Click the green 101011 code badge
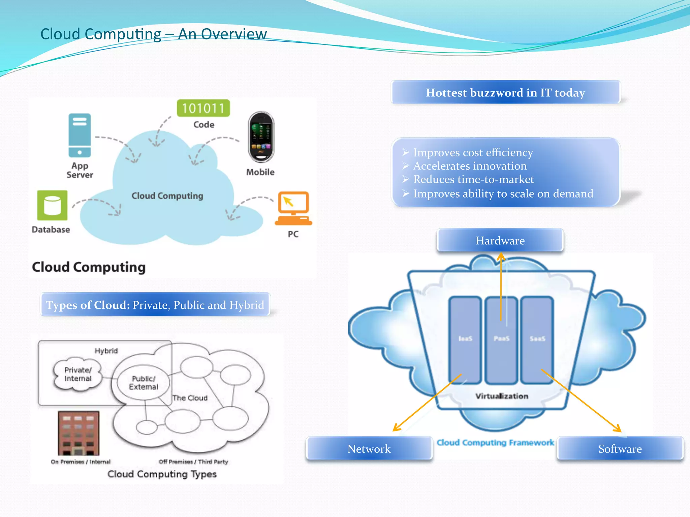[x=203, y=108]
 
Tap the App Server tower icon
[x=80, y=135]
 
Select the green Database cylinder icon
[x=52, y=205]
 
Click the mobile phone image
[x=261, y=137]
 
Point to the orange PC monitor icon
[x=293, y=208]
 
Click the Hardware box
[x=500, y=240]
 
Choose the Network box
[x=369, y=449]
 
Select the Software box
[x=620, y=449]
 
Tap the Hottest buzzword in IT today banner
[x=505, y=93]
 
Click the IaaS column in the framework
[x=465, y=340]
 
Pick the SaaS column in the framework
[x=537, y=340]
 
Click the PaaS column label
[x=501, y=338]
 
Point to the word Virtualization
[x=502, y=396]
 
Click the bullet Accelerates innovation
[x=470, y=166]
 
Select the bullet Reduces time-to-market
[x=473, y=179]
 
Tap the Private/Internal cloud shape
[x=78, y=374]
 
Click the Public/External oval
[x=144, y=383]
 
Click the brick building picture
[x=79, y=433]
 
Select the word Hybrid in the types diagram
[x=106, y=351]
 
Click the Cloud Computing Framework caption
[x=495, y=443]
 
